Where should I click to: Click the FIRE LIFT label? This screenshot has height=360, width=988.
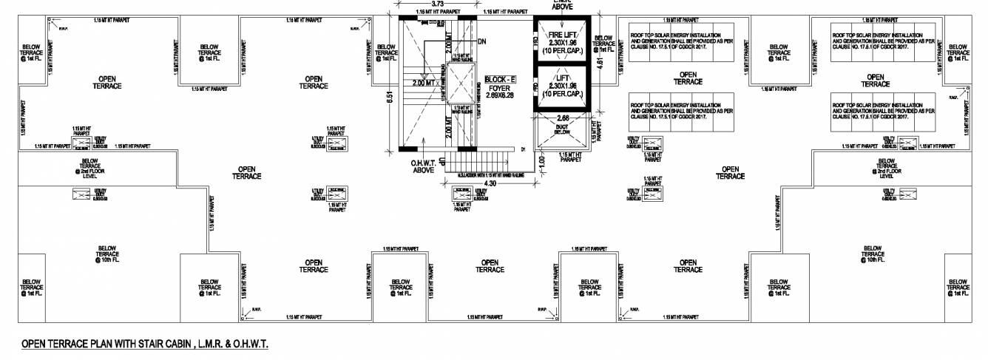coord(559,35)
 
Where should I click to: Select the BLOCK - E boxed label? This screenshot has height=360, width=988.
coord(501,78)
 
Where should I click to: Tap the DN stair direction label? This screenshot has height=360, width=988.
coord(482,41)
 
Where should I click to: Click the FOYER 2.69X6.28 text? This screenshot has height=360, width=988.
coord(500,91)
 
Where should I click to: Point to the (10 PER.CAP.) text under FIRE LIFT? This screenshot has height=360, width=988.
coord(559,52)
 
